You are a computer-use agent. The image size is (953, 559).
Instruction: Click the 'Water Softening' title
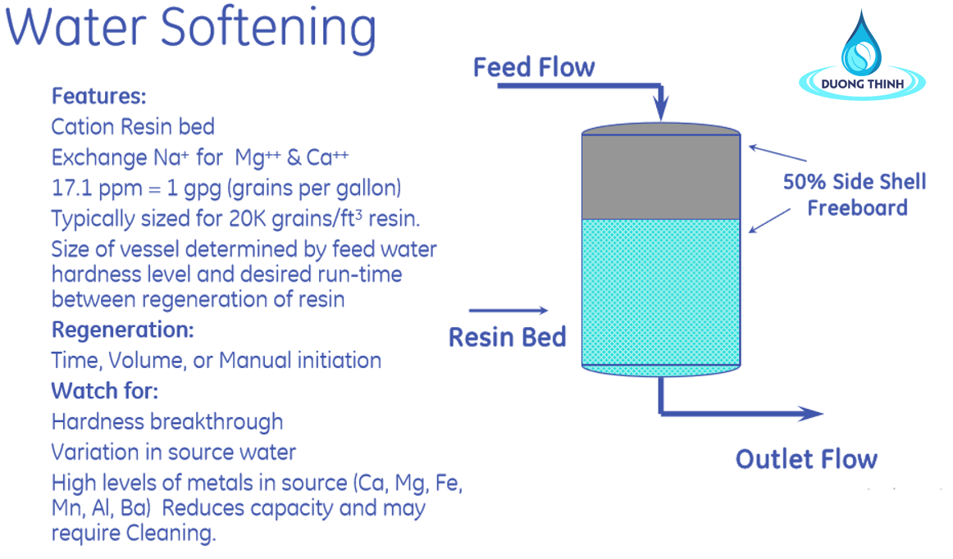(x=191, y=29)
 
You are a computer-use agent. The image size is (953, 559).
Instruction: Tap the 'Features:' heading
(x=99, y=96)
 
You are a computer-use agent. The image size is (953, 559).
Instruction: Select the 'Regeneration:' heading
(x=123, y=329)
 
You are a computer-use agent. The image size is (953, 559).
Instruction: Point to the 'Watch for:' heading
(x=104, y=391)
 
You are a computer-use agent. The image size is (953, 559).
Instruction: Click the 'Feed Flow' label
(x=534, y=67)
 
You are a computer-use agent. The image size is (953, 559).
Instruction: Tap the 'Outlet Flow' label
(x=806, y=459)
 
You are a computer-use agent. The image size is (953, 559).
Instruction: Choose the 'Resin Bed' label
(x=508, y=337)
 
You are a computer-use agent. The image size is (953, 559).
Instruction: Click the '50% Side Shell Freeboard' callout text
(x=855, y=194)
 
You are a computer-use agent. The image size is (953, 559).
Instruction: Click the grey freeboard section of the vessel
(x=661, y=176)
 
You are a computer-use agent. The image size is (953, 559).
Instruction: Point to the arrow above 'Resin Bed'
(x=508, y=311)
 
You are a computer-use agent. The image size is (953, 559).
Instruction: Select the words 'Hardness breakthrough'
(x=167, y=421)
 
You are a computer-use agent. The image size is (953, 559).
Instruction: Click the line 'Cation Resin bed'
(x=133, y=126)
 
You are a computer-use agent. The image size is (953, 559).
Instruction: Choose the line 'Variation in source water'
(x=174, y=452)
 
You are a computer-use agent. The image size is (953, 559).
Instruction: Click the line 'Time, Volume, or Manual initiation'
(x=217, y=361)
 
